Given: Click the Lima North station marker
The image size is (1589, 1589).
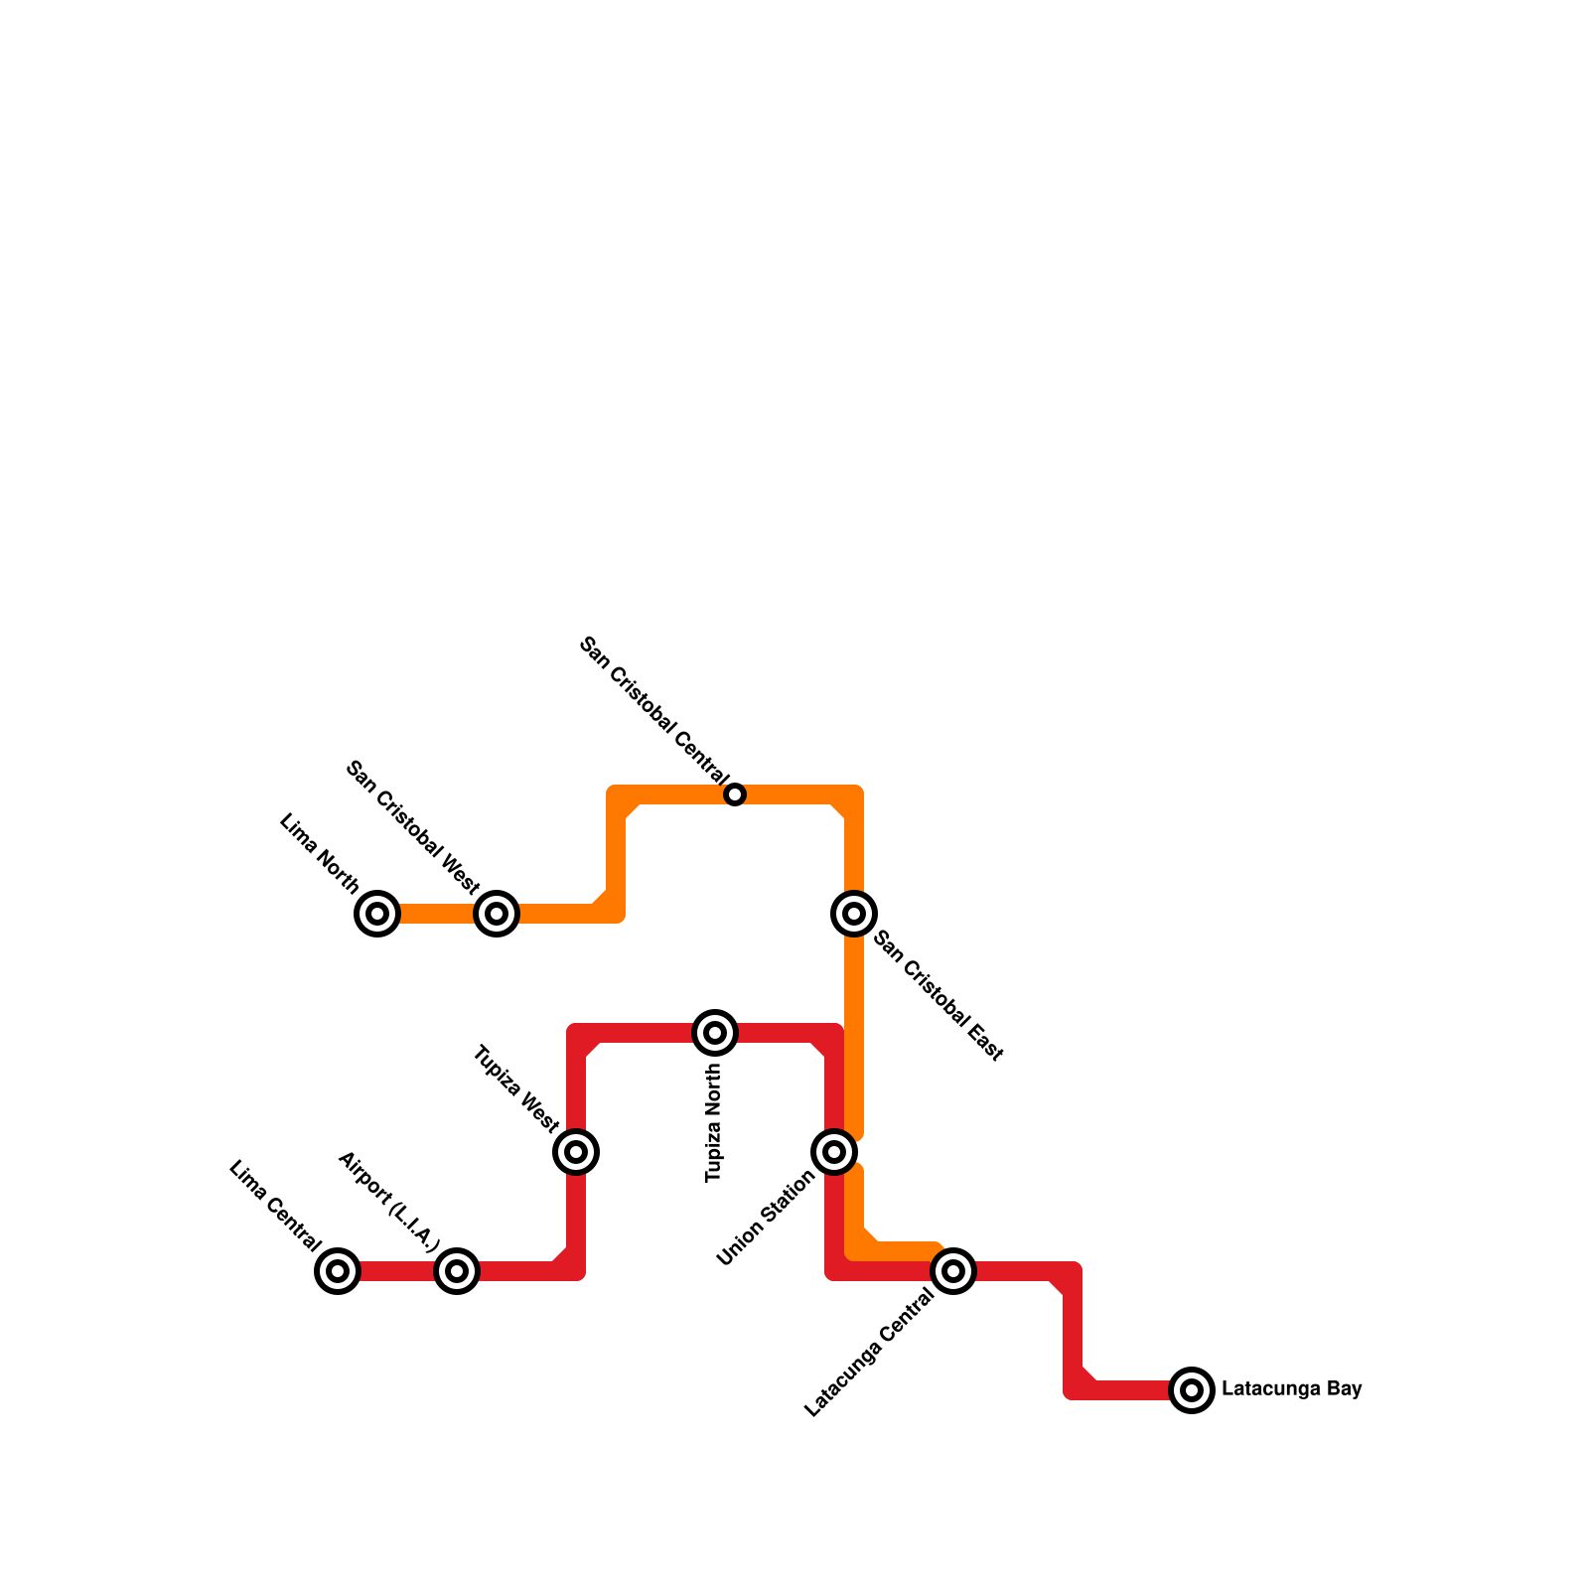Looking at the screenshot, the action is pyautogui.click(x=377, y=913).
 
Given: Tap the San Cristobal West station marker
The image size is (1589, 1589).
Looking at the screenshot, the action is pyautogui.click(x=497, y=913).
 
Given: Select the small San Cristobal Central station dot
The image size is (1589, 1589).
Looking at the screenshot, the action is pyautogui.click(x=735, y=794).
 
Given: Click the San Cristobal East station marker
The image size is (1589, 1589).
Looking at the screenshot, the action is pyautogui.click(x=854, y=913).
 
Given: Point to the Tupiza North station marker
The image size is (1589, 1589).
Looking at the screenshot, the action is pyautogui.click(x=715, y=1033).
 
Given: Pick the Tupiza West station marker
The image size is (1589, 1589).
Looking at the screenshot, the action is pyautogui.click(x=576, y=1152).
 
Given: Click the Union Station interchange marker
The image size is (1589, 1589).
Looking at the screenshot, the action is pyautogui.click(x=834, y=1152).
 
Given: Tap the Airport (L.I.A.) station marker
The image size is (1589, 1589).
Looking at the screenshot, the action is pyautogui.click(x=457, y=1270).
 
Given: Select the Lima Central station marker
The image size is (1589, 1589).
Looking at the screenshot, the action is pyautogui.click(x=338, y=1270).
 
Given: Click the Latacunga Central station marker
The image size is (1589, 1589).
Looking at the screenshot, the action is pyautogui.click(x=953, y=1270).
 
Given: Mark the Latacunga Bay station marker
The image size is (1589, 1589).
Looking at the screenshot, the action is pyautogui.click(x=1192, y=1389).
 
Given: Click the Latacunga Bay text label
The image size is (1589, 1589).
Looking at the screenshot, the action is pyautogui.click(x=1291, y=1389).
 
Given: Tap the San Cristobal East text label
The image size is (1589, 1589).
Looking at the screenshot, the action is pyautogui.click(x=939, y=996).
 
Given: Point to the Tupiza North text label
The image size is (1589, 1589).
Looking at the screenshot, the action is pyautogui.click(x=714, y=1122).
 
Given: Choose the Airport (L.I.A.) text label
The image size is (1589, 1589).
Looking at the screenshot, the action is pyautogui.click(x=388, y=1202).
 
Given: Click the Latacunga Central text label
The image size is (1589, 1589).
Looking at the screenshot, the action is pyautogui.click(x=870, y=1353).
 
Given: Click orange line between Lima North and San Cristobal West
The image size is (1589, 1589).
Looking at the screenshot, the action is pyautogui.click(x=437, y=914).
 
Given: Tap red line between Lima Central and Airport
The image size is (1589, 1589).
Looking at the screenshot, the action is pyautogui.click(x=397, y=1271).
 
